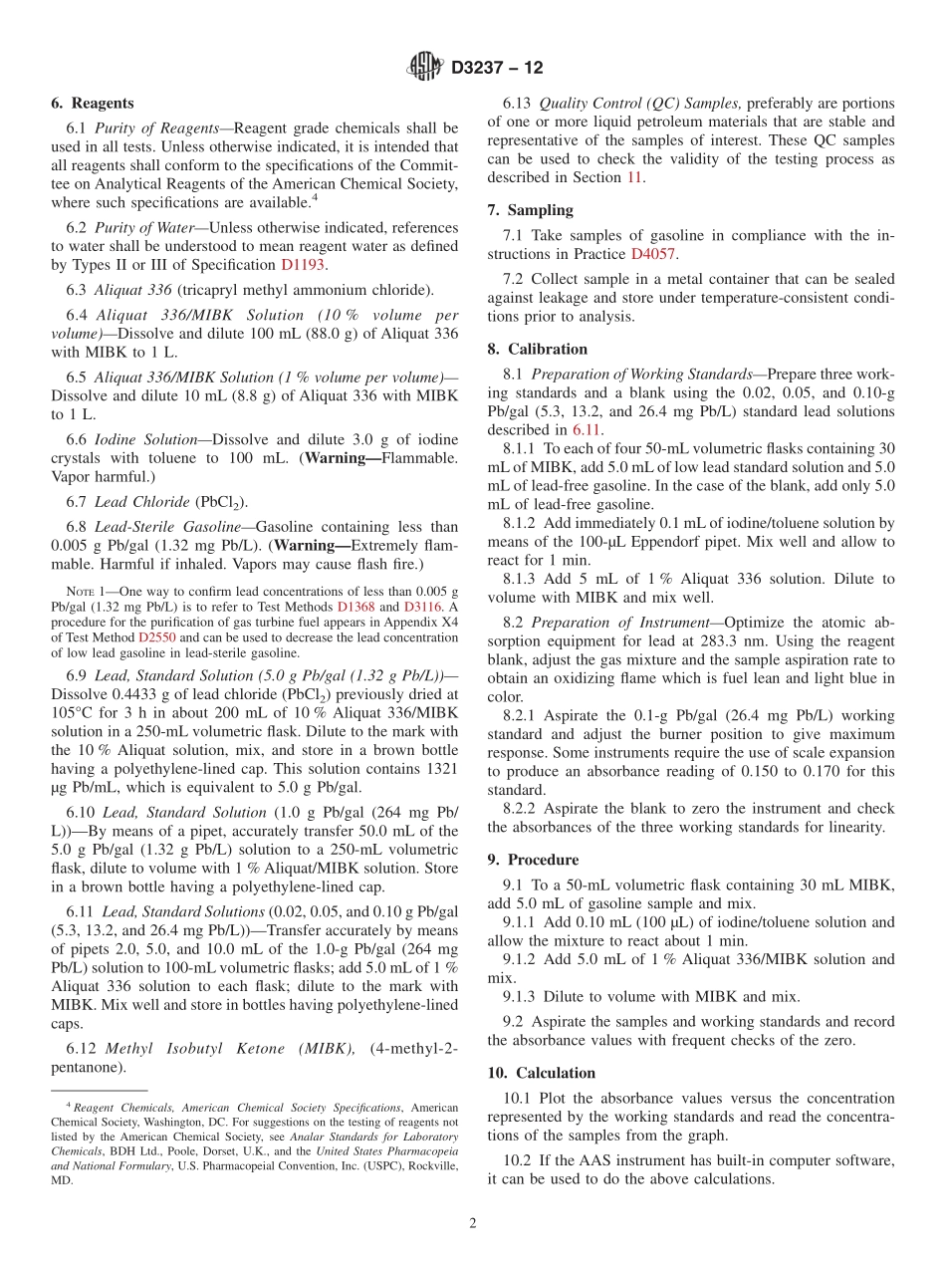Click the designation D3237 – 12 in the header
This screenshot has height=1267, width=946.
[497, 69]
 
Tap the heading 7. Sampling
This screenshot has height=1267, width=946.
[530, 209]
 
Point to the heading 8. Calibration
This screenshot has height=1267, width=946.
[538, 349]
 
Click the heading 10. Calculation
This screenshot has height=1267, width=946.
[542, 1073]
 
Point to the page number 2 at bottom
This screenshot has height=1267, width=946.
[473, 1224]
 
